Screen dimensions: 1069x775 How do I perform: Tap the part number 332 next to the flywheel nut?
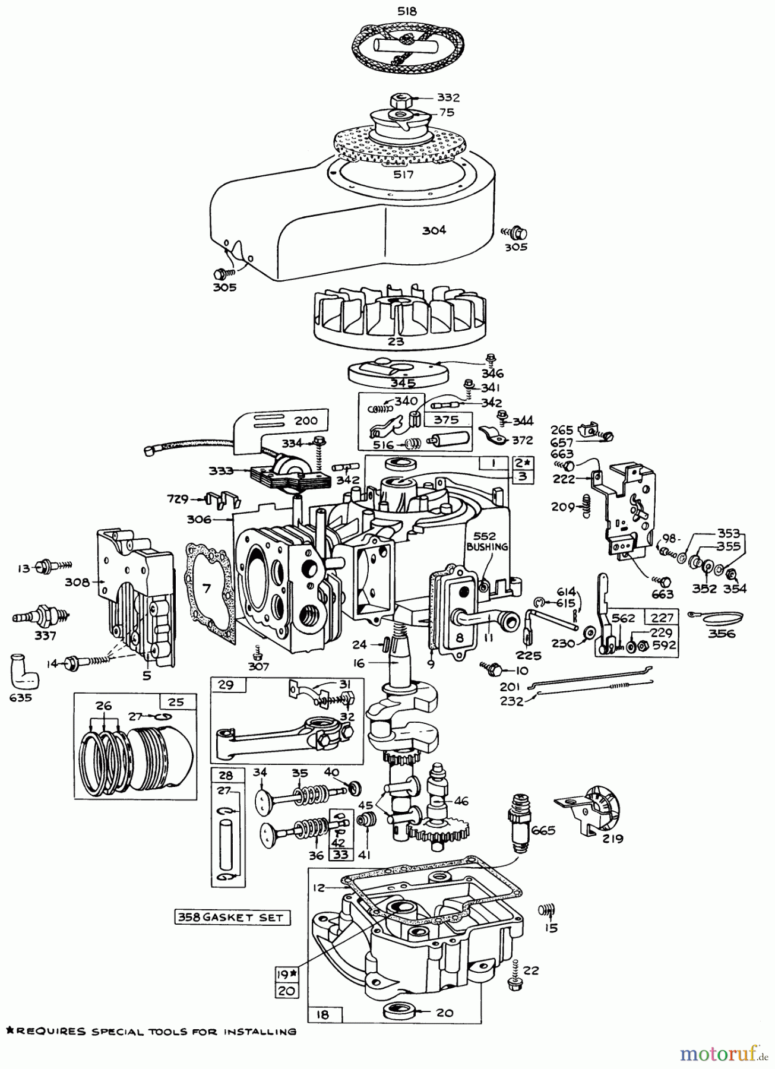[448, 97]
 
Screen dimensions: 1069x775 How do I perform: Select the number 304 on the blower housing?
[434, 230]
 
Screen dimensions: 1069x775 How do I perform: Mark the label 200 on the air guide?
[306, 420]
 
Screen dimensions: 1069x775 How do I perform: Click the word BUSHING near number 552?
[487, 546]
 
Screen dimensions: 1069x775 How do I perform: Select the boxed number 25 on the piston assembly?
[177, 701]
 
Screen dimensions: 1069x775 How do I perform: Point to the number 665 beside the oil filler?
[543, 830]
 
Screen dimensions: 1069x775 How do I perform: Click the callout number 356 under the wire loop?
[722, 633]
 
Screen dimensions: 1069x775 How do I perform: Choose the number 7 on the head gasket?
[206, 589]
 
